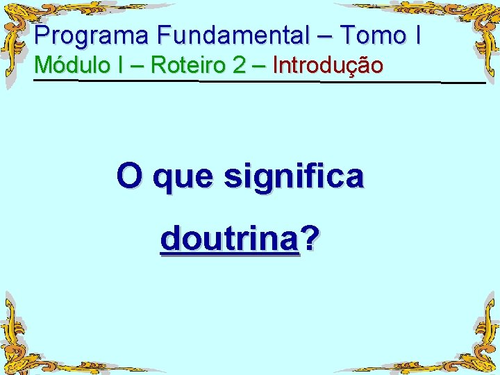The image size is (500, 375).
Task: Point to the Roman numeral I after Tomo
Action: pyautogui.click(x=417, y=35)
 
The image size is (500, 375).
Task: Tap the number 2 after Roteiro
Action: pyautogui.click(x=240, y=65)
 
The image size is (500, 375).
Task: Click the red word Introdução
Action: pyautogui.click(x=328, y=66)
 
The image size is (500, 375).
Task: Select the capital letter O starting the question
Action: pyautogui.click(x=128, y=176)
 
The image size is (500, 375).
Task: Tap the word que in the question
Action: pyautogui.click(x=183, y=178)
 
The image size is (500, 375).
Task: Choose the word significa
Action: pyautogui.click(x=293, y=177)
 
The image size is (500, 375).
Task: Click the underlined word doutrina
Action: pyautogui.click(x=229, y=240)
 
